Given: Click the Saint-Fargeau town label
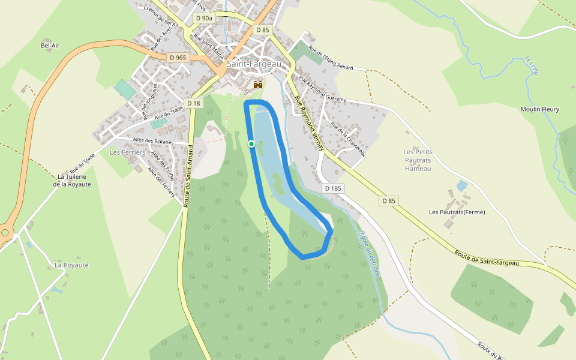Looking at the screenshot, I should (251, 64).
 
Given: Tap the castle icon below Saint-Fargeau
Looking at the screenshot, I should (259, 85).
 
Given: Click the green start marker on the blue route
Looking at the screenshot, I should (251, 143).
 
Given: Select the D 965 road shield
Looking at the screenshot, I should (178, 58).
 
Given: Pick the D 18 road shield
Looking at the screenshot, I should (194, 103).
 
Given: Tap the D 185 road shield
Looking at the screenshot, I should (333, 188).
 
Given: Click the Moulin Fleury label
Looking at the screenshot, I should (539, 109).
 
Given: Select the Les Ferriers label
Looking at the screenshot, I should (128, 152).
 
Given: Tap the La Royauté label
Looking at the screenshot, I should (71, 265).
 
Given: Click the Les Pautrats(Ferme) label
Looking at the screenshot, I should (457, 212).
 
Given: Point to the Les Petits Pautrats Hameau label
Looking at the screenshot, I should (418, 160).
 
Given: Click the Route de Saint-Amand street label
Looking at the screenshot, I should (187, 176).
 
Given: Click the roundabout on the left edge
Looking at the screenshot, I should (5, 232).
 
